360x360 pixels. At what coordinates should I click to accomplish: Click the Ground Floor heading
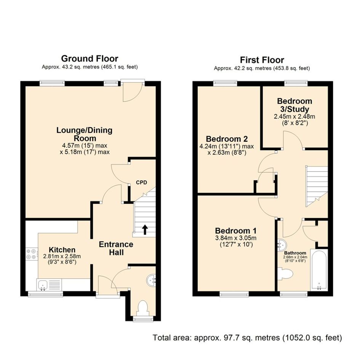pyautogui.click(x=90, y=59)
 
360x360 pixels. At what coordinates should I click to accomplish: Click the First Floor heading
pyautogui.click(x=262, y=60)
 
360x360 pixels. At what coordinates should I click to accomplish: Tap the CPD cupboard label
pyautogui.click(x=141, y=182)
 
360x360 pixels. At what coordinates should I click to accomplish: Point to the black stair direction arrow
pyautogui.click(x=145, y=230)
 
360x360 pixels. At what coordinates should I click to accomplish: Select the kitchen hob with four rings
pyautogui.click(x=32, y=254)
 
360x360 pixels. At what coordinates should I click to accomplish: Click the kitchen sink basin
pyautogui.click(x=43, y=285)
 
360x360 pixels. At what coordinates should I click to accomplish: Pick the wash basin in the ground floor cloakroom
pyautogui.click(x=151, y=280)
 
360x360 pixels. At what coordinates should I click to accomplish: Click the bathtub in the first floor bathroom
pyautogui.click(x=319, y=270)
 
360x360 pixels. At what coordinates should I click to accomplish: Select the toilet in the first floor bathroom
pyautogui.click(x=285, y=274)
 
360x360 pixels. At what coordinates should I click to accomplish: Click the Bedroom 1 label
pyautogui.click(x=236, y=231)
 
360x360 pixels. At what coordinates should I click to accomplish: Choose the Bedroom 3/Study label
pyautogui.click(x=294, y=105)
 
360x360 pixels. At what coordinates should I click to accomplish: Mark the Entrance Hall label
pyautogui.click(x=116, y=248)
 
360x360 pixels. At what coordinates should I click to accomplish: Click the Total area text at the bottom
pyautogui.click(x=247, y=338)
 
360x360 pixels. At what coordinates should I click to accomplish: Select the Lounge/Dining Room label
pyautogui.click(x=85, y=134)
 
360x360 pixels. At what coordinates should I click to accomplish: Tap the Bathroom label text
pyautogui.click(x=295, y=253)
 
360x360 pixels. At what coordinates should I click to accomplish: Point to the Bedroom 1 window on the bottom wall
pyautogui.click(x=234, y=294)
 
